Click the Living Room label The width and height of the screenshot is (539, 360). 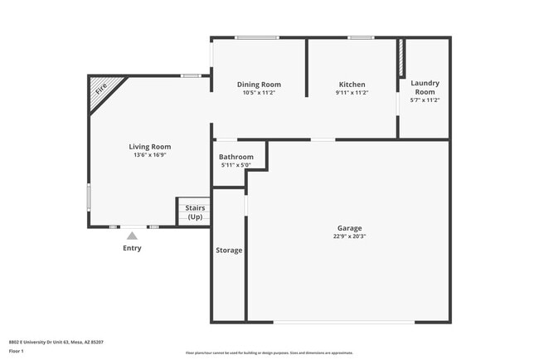tap(149, 147)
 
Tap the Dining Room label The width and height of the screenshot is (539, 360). tap(259, 85)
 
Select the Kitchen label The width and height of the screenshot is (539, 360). tap(352, 85)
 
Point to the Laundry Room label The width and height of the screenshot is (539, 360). tap(425, 87)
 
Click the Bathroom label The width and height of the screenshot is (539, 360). tap(236, 157)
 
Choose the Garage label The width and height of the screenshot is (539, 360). tap(349, 228)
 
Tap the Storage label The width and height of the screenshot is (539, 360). tap(229, 251)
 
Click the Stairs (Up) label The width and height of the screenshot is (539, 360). tap(195, 212)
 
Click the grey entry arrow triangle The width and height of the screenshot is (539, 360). tap(132, 236)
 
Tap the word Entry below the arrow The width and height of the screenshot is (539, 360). tap(132, 248)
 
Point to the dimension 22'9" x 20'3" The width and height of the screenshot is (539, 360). tap(349, 236)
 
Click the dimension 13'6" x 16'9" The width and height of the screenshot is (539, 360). tap(149, 155)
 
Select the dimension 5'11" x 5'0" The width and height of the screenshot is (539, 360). tap(236, 165)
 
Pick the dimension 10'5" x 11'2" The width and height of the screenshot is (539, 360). tap(259, 93)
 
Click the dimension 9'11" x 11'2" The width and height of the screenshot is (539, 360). tap(352, 93)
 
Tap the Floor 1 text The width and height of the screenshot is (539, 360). tap(17, 350)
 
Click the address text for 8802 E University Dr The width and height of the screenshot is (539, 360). tap(56, 341)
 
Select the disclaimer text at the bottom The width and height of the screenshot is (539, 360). tap(269, 353)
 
